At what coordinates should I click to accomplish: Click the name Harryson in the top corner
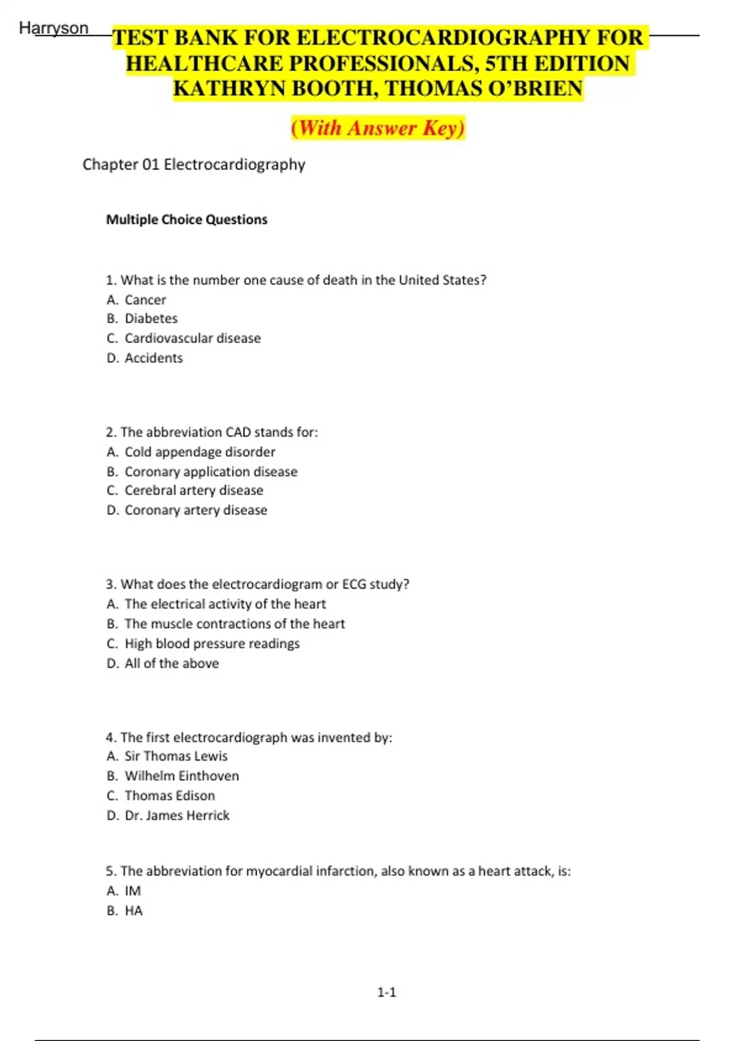54,28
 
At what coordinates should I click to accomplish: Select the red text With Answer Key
378,128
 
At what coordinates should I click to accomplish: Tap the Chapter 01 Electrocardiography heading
194,164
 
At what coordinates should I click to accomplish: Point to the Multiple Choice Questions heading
187,219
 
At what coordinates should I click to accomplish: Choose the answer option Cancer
145,300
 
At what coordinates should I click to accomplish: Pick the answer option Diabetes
151,318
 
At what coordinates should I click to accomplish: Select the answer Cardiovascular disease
192,338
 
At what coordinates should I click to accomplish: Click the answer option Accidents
153,358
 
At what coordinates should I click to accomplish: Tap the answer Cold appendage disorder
200,452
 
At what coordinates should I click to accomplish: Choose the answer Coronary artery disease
195,510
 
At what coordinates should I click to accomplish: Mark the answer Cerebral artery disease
194,490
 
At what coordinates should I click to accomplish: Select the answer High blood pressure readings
212,644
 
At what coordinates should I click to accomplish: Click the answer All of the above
171,663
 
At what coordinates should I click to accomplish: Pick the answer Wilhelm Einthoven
181,776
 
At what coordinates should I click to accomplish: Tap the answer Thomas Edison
170,795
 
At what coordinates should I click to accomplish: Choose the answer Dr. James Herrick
177,815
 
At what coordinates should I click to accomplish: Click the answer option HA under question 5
134,911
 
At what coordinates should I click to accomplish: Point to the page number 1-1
386,992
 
